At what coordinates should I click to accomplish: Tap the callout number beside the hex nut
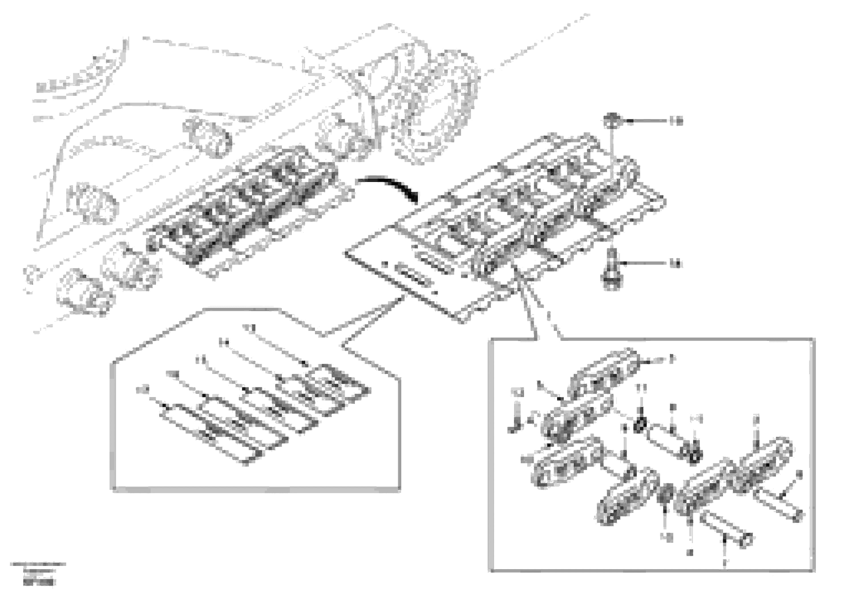[x=676, y=121]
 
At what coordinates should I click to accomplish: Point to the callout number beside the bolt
[x=676, y=264]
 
